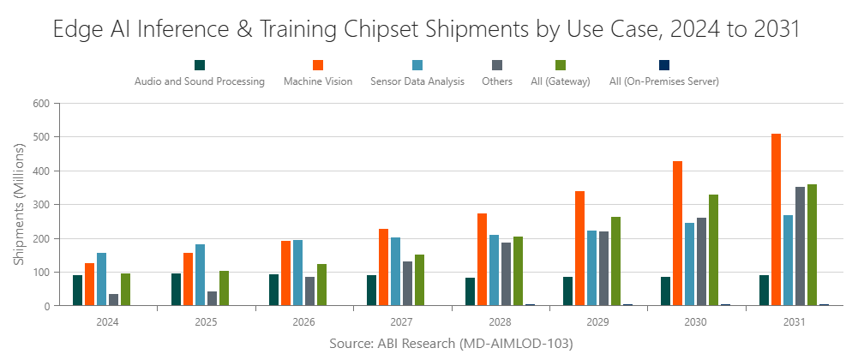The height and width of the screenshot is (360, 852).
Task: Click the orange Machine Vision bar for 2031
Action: click(776, 219)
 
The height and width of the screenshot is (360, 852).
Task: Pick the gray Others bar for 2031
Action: click(800, 246)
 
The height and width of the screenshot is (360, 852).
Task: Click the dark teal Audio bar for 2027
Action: click(372, 291)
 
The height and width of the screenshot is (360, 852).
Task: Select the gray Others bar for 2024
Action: click(114, 300)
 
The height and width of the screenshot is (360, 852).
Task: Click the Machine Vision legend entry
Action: click(317, 81)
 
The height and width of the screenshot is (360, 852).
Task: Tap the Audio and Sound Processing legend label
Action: click(199, 81)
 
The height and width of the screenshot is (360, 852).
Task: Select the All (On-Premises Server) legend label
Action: click(663, 81)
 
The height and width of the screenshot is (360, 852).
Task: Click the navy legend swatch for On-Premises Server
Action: click(663, 65)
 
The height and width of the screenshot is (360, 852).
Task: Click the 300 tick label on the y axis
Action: click(43, 204)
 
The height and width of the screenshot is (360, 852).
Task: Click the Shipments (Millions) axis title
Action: click(19, 204)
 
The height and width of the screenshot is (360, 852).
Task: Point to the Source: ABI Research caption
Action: click(450, 343)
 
